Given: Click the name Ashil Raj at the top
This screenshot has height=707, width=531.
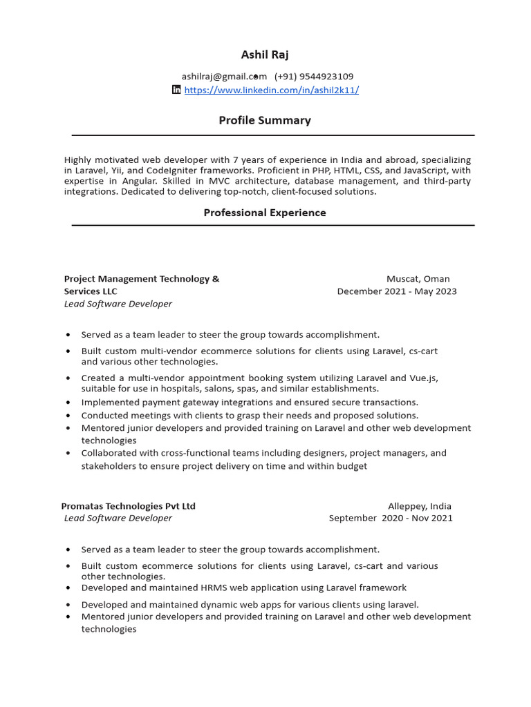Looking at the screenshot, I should coord(265,55).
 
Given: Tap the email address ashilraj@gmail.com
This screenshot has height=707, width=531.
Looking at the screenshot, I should coord(224,77).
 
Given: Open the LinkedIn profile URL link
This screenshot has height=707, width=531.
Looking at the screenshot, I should coord(271,90).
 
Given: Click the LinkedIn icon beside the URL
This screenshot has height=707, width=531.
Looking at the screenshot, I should coord(176,90).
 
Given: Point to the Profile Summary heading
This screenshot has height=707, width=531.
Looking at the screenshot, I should coord(265,120).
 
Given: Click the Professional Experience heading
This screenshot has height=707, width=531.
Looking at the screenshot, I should coord(265,213).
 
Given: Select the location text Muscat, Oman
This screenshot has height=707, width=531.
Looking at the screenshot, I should coord(418,279).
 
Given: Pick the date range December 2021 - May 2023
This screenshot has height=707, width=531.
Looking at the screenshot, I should coord(397,291).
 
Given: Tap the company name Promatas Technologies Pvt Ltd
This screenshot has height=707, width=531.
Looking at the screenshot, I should coord(129,506).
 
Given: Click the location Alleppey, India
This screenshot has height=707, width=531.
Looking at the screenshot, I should coord(420,506).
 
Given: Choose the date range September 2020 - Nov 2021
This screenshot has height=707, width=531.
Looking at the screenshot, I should coord(391,518).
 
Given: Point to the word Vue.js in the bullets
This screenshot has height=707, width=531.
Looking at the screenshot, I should coord(423,378).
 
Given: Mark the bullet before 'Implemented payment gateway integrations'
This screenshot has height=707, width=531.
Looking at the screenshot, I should coord(68,403).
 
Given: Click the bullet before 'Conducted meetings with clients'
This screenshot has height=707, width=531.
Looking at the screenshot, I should coord(68,416).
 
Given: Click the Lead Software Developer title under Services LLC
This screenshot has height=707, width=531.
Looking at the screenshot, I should coord(118,304).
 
